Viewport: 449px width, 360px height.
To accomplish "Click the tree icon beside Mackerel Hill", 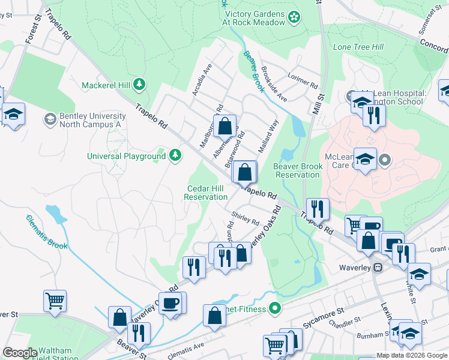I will tap(140, 84).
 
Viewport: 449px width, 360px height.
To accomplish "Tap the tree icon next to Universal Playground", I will tap(175, 156).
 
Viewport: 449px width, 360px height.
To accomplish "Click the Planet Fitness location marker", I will tap(276, 310).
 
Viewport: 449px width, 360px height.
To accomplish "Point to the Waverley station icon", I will tap(378, 267).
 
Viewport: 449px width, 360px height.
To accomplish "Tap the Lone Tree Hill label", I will tap(358, 47).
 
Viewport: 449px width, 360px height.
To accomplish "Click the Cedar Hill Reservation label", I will tap(206, 193).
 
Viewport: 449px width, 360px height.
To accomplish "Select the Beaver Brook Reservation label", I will tap(297, 170).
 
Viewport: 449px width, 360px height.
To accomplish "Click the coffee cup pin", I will tap(172, 303).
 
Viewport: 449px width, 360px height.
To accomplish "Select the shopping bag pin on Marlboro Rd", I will tap(224, 127).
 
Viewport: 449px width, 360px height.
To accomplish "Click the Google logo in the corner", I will tap(19, 353).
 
